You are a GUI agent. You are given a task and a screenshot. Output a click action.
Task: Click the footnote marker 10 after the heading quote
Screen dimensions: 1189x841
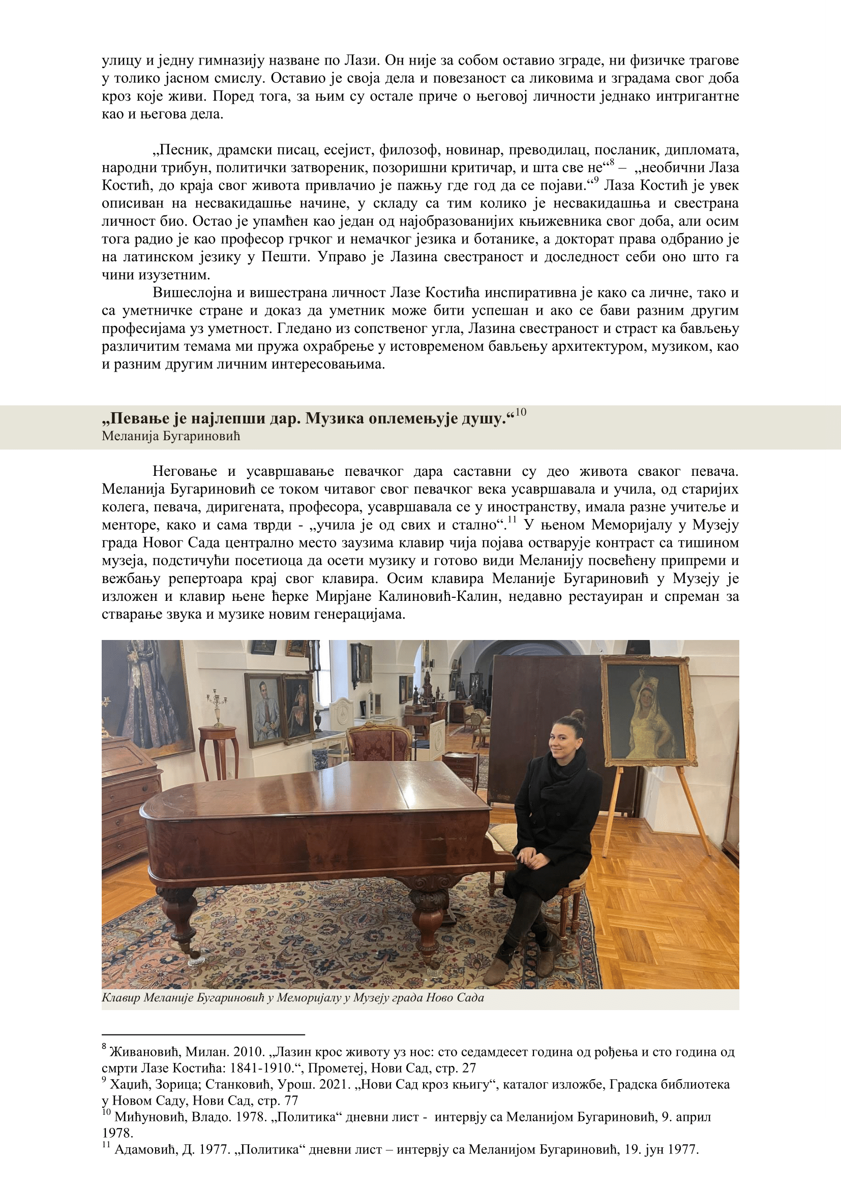(521, 412)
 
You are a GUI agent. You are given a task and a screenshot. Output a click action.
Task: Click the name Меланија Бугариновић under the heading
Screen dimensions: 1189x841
(171, 436)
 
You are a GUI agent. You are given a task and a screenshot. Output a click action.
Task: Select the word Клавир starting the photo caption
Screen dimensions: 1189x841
(120, 997)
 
